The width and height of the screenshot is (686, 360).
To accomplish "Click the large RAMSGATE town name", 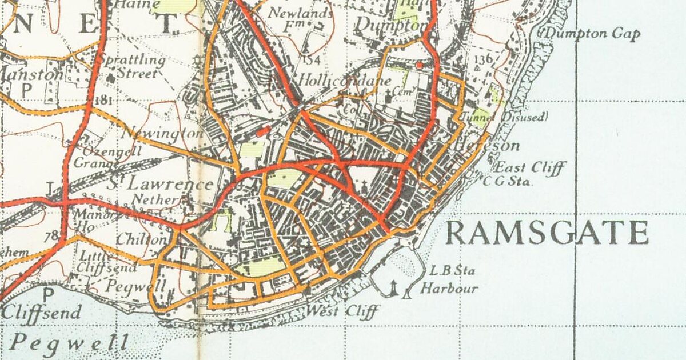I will (x=547, y=233).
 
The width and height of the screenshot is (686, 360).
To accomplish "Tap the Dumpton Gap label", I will (x=592, y=34).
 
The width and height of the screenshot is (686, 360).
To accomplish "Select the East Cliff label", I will (x=530, y=168).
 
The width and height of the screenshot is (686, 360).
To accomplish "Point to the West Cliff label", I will (x=343, y=312).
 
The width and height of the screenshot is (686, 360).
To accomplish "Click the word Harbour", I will (x=449, y=289).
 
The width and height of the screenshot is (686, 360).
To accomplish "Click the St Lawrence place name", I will (x=161, y=184).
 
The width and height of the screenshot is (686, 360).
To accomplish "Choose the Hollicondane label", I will (x=345, y=81).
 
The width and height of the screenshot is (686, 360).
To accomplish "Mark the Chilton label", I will (x=142, y=239).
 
